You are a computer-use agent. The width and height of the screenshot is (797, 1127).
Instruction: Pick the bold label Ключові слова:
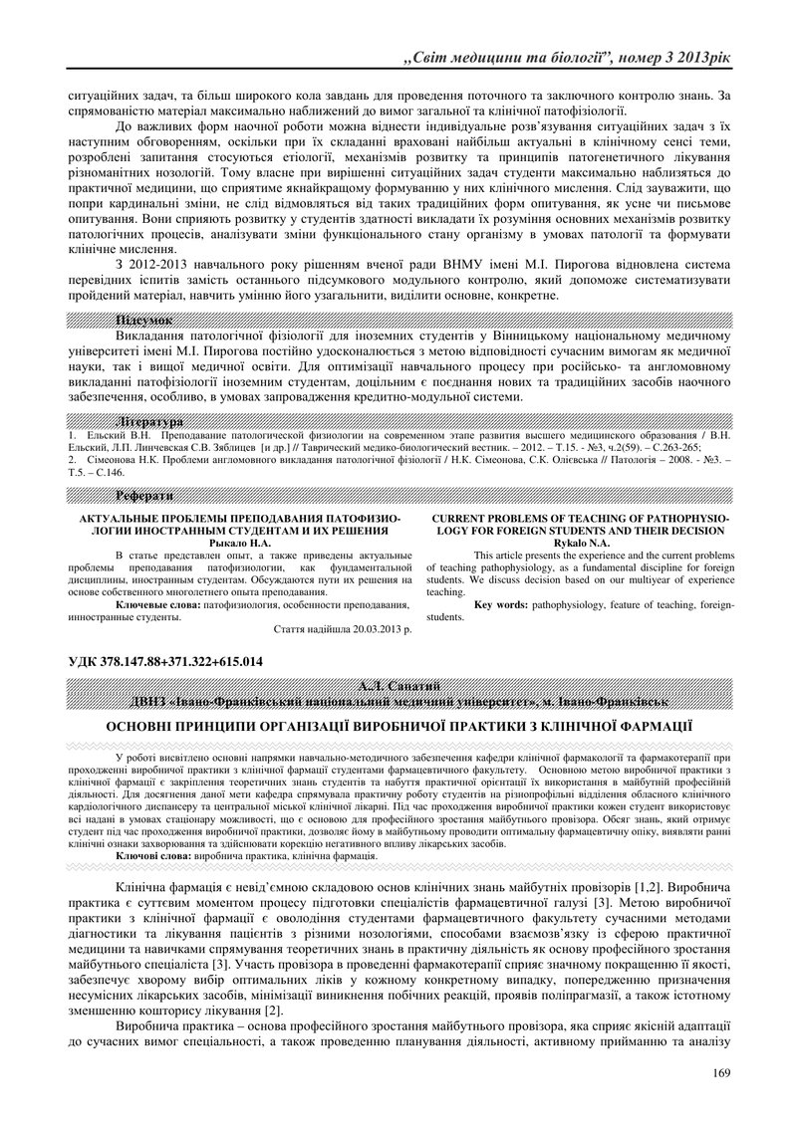click(150, 855)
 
